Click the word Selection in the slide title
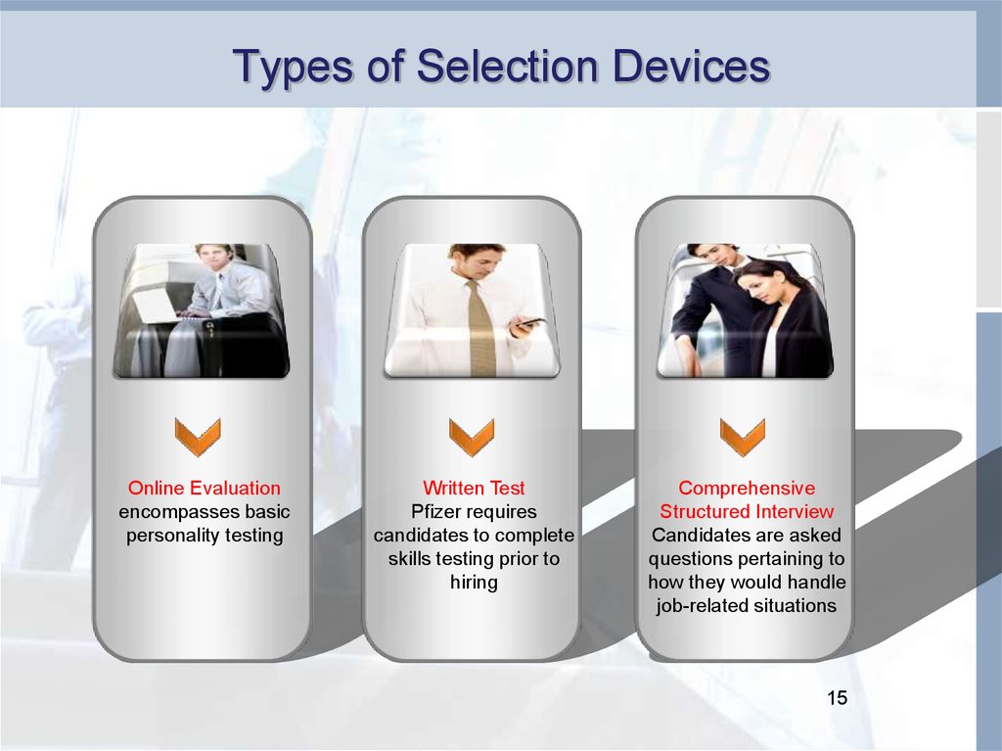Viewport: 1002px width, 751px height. click(x=509, y=66)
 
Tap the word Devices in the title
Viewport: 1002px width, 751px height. click(x=691, y=66)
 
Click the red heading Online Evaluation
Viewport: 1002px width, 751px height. click(x=205, y=488)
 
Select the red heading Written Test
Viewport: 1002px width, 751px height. click(x=474, y=488)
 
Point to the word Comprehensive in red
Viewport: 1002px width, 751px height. click(x=747, y=488)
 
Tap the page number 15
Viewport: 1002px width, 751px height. click(x=838, y=698)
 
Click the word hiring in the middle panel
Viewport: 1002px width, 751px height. click(x=474, y=583)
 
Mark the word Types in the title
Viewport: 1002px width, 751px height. click(x=294, y=67)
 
